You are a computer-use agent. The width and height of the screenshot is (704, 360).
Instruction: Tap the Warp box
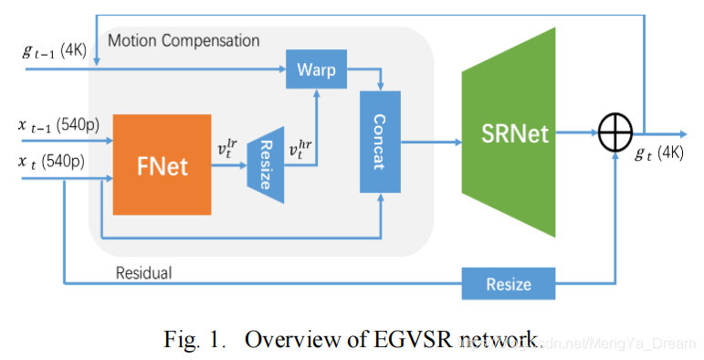tap(317, 69)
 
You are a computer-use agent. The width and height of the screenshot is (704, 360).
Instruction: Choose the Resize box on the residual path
tap(509, 283)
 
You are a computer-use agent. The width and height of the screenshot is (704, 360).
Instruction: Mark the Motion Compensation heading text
tap(184, 41)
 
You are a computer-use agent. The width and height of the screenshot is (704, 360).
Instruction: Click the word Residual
tap(144, 272)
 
